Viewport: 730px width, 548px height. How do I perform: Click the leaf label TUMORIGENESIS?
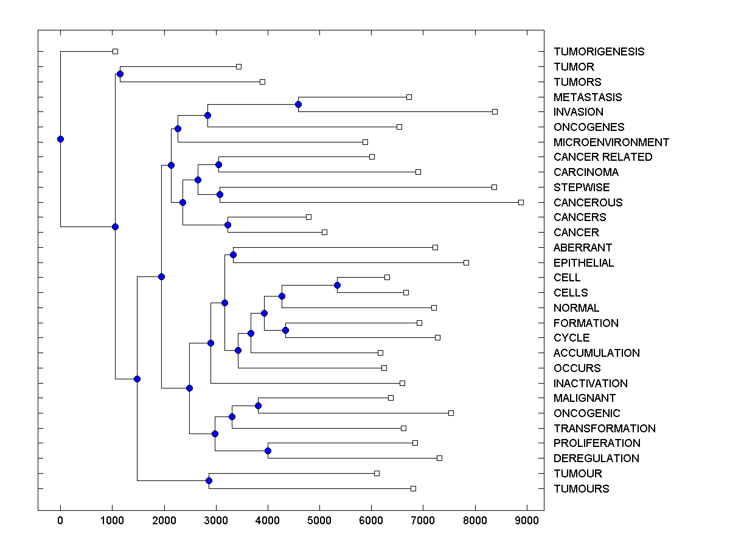[599, 52]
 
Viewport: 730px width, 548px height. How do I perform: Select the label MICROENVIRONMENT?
[611, 142]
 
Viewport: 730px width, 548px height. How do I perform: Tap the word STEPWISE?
[581, 188]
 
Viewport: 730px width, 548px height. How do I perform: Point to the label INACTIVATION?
[590, 384]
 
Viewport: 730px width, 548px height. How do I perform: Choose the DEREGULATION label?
[596, 458]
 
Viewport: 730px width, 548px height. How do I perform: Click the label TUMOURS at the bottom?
[581, 489]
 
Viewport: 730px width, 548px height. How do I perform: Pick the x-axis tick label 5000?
[319, 519]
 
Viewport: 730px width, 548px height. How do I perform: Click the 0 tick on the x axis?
[60, 519]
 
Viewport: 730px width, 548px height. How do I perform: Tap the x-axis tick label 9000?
[527, 519]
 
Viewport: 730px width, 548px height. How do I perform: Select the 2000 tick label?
[164, 519]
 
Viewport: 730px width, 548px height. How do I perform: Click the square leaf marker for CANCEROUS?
[521, 202]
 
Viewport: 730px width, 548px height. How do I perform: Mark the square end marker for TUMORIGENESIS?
[115, 52]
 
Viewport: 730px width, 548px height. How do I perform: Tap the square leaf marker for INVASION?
[495, 112]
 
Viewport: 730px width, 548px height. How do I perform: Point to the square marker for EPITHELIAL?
[466, 262]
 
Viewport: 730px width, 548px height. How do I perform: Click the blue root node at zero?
[60, 139]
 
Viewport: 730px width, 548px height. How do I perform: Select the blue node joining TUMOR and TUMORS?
[120, 74]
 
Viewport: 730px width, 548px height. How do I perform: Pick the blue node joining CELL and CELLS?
[337, 285]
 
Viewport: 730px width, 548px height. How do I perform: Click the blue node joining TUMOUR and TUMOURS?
[209, 481]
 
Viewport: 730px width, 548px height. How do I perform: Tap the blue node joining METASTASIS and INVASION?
[298, 104]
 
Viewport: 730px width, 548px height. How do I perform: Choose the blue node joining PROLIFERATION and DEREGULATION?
[268, 451]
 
